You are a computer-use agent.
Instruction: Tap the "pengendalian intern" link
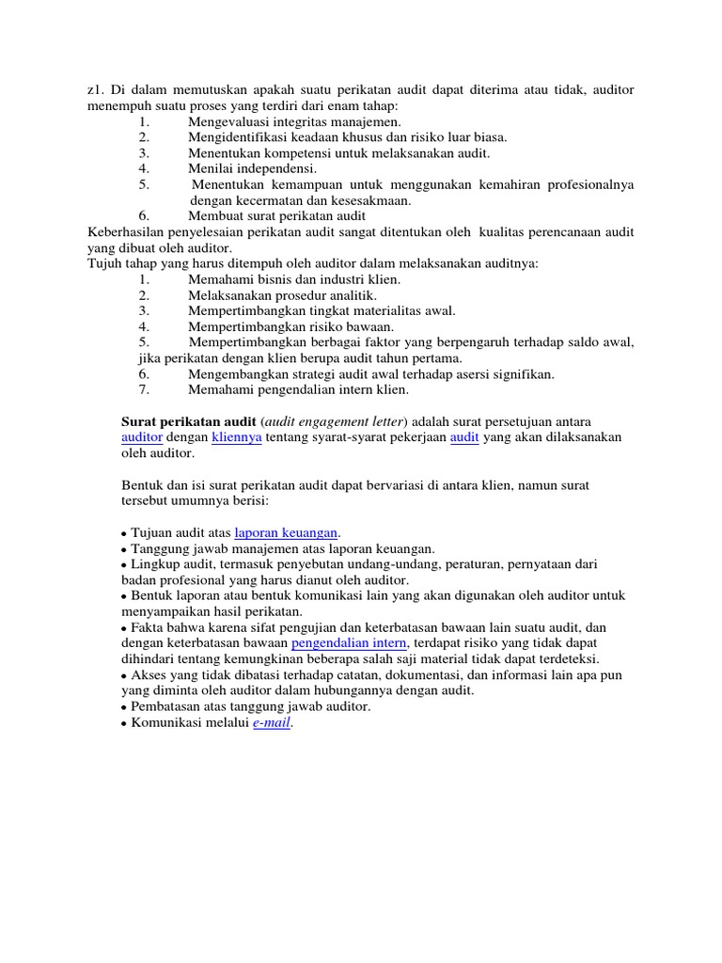pos(349,642)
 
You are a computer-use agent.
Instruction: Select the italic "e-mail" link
pos(272,723)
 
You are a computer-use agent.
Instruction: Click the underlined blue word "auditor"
pos(142,437)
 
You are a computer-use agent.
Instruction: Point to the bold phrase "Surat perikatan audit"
pos(189,421)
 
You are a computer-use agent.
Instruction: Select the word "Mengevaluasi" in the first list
pos(229,121)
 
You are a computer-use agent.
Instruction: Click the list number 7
pos(144,389)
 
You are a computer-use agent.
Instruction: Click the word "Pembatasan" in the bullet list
pos(168,706)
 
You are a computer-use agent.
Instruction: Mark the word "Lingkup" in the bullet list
pos(154,564)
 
